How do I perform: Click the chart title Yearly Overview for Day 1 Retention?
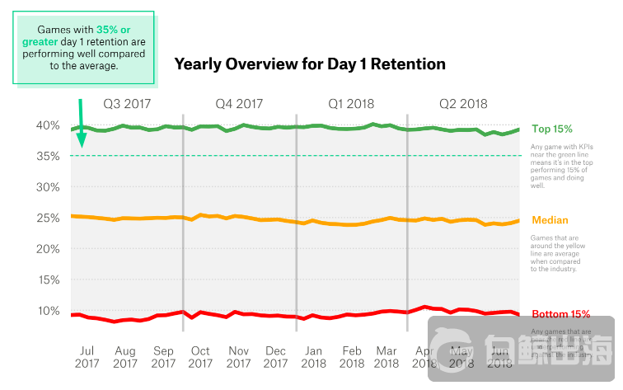click(310, 63)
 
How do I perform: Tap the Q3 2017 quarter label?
click(126, 104)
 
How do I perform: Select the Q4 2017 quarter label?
click(239, 104)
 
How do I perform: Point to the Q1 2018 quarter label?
click(351, 104)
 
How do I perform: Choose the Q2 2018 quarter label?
click(463, 104)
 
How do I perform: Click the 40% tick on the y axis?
click(48, 125)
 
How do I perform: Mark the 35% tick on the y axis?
click(48, 156)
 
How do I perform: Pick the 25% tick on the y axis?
click(48, 218)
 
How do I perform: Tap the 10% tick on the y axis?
click(48, 311)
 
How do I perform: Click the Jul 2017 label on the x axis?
click(87, 355)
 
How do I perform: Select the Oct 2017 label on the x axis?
click(200, 355)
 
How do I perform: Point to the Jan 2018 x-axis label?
click(314, 355)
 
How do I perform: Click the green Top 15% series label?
click(552, 129)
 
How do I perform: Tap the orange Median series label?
click(550, 220)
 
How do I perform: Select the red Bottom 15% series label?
click(561, 314)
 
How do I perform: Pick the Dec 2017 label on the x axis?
click(276, 355)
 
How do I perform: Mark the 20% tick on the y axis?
click(48, 249)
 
